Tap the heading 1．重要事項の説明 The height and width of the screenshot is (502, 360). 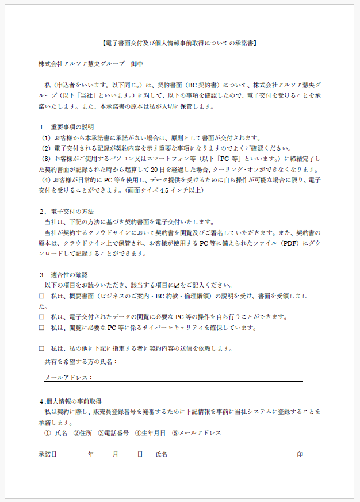click(67, 127)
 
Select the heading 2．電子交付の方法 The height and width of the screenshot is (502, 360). click(67, 212)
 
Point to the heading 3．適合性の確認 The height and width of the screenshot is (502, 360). click(67, 275)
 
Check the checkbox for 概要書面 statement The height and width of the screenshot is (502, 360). click(41, 296)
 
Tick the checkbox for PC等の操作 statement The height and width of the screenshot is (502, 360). click(41, 317)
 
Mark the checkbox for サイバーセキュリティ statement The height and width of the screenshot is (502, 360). click(41, 328)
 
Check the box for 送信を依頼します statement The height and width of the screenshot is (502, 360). click(41, 348)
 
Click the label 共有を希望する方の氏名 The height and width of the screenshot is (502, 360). click(81, 362)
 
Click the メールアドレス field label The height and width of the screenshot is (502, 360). click(68, 378)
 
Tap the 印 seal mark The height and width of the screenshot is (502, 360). click(300, 454)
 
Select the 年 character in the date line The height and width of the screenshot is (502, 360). click(91, 454)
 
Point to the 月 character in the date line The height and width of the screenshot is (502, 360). click(115, 454)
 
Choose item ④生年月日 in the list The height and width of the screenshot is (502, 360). click(150, 433)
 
